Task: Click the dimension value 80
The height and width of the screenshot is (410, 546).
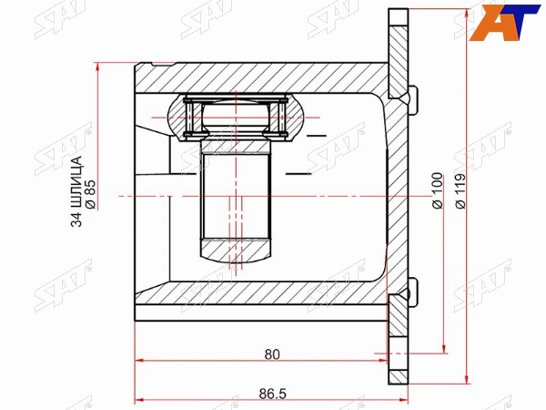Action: [x=272, y=354]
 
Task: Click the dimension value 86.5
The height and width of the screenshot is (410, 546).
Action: [x=272, y=394]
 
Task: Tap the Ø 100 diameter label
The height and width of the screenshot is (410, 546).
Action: [x=438, y=190]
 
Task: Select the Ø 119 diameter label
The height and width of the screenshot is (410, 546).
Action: [x=460, y=190]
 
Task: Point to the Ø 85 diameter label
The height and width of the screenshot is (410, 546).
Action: [x=90, y=195]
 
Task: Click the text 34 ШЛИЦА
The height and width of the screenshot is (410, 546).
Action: [x=77, y=191]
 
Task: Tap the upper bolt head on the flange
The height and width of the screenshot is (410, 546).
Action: [x=413, y=100]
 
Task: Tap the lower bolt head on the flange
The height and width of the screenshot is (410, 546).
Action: [x=413, y=292]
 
